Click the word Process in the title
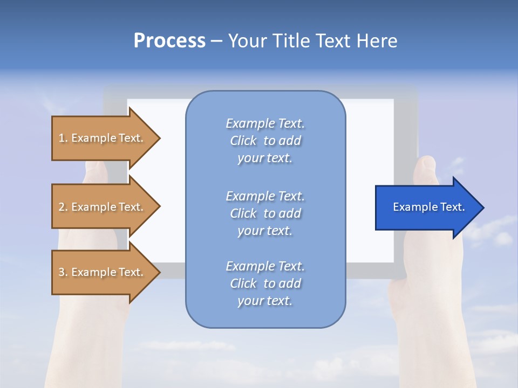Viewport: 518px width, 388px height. point(169,41)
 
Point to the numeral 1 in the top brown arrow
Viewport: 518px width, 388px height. point(62,138)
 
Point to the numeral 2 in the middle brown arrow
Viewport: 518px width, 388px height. point(62,207)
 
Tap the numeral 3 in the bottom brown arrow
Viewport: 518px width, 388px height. point(62,272)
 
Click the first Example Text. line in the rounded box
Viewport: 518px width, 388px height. point(265,123)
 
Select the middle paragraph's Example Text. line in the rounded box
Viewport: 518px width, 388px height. point(265,196)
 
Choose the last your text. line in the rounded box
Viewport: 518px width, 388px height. point(265,301)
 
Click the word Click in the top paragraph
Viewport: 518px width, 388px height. point(243,141)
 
